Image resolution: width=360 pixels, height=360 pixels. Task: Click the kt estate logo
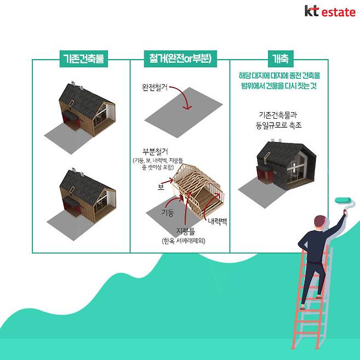329,11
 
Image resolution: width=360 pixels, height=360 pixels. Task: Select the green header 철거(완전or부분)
179,59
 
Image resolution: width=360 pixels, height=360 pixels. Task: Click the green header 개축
280,59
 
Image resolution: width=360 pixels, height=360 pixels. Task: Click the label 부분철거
155,151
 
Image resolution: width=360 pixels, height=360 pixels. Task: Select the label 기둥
168,211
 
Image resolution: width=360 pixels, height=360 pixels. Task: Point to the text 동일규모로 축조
280,125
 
